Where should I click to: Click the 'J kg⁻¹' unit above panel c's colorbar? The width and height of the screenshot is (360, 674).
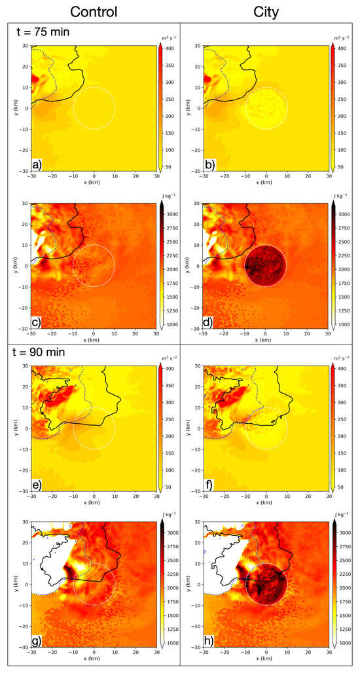click(x=168, y=195)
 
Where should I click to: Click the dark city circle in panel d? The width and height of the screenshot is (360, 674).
click(x=265, y=266)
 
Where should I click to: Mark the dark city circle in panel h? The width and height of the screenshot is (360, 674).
click(x=265, y=585)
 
